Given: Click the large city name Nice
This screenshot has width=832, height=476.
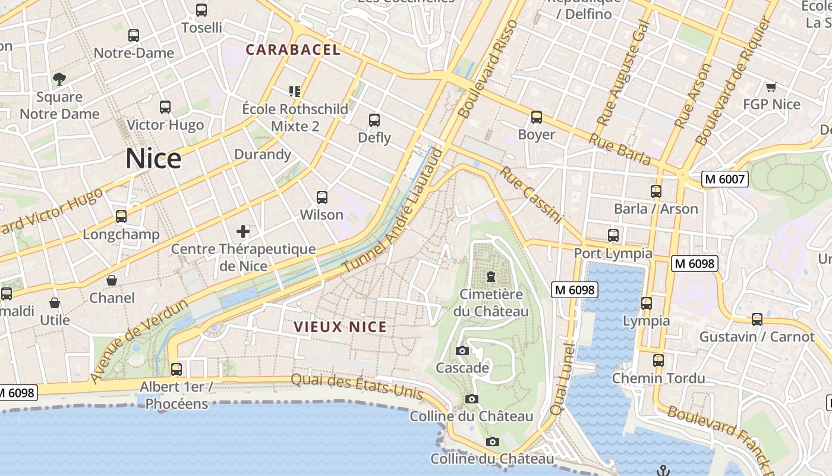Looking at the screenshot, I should point(153,159).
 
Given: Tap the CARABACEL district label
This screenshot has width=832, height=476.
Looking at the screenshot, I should point(293,50).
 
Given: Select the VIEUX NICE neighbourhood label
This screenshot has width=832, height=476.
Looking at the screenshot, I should point(341,327).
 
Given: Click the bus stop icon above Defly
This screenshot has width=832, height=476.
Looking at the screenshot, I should point(374,120).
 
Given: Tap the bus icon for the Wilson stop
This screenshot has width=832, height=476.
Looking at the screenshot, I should point(322,198).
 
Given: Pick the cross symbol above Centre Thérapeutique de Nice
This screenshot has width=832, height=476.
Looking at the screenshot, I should point(243,231).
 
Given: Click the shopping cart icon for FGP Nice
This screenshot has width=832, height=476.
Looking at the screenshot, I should point(771,87).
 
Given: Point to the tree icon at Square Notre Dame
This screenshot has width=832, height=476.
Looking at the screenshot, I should point(59,79).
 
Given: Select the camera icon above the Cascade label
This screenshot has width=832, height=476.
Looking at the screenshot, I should point(462,351).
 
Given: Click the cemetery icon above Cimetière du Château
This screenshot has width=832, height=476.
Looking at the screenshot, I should point(491,277).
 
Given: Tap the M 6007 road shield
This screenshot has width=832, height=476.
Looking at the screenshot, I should point(724,178).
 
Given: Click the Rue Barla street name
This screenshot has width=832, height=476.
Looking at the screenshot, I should point(619,149).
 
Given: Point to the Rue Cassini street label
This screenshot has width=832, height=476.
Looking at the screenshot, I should point(530,195).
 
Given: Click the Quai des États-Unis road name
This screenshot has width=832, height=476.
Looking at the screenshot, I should point(357,386).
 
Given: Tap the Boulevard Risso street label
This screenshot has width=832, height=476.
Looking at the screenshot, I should point(489,68).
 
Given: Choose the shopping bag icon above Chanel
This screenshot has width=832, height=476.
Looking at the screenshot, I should point(112,280).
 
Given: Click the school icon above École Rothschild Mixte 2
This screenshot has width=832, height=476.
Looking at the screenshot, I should point(295,91).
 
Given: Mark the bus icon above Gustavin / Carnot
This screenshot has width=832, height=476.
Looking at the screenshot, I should point(757,320).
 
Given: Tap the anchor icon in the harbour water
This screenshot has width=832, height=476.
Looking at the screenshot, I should point(663,471).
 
